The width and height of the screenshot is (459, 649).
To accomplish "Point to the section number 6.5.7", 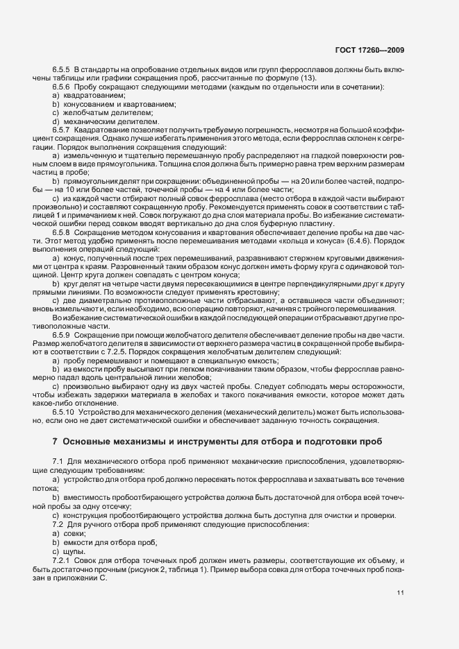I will (61, 129).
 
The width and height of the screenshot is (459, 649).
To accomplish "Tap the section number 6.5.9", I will (61, 335).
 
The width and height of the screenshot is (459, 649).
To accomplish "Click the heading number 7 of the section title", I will (55, 442).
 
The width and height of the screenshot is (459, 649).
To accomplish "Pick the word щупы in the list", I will (74, 551).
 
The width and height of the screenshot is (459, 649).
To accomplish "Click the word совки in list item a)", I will (75, 534).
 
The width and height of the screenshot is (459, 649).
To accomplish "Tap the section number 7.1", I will (58, 461).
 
